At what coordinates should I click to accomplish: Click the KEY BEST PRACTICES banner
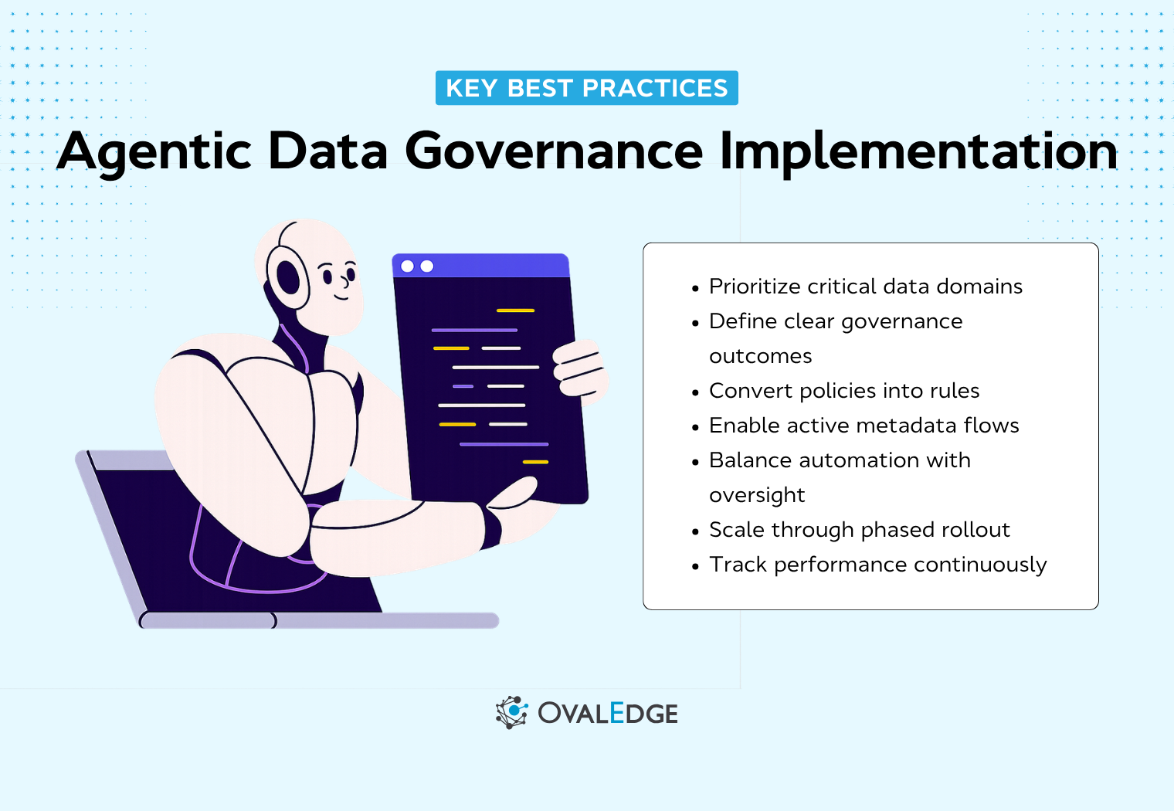pos(586,88)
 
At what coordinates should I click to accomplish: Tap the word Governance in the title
pos(553,151)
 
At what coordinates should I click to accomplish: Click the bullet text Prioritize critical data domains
pos(865,287)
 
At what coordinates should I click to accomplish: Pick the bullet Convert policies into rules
pos(843,391)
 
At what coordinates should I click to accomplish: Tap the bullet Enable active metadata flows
pos(864,426)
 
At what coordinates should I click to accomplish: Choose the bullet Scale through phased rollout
pos(859,530)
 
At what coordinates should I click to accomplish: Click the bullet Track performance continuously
pos(877,565)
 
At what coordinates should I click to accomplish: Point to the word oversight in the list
pos(757,495)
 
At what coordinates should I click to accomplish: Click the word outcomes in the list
pos(760,356)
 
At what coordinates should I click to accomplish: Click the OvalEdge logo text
pos(608,713)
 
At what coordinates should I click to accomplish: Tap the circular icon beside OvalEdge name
pos(511,712)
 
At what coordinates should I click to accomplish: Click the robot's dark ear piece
pos(287,277)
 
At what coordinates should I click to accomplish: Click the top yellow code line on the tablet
pos(515,310)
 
